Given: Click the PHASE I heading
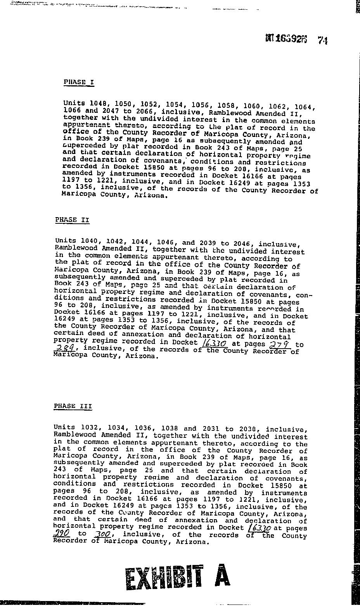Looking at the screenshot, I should point(79,82).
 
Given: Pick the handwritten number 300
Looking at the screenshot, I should point(102,535).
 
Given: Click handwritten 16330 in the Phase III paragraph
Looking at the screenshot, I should point(259,528).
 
